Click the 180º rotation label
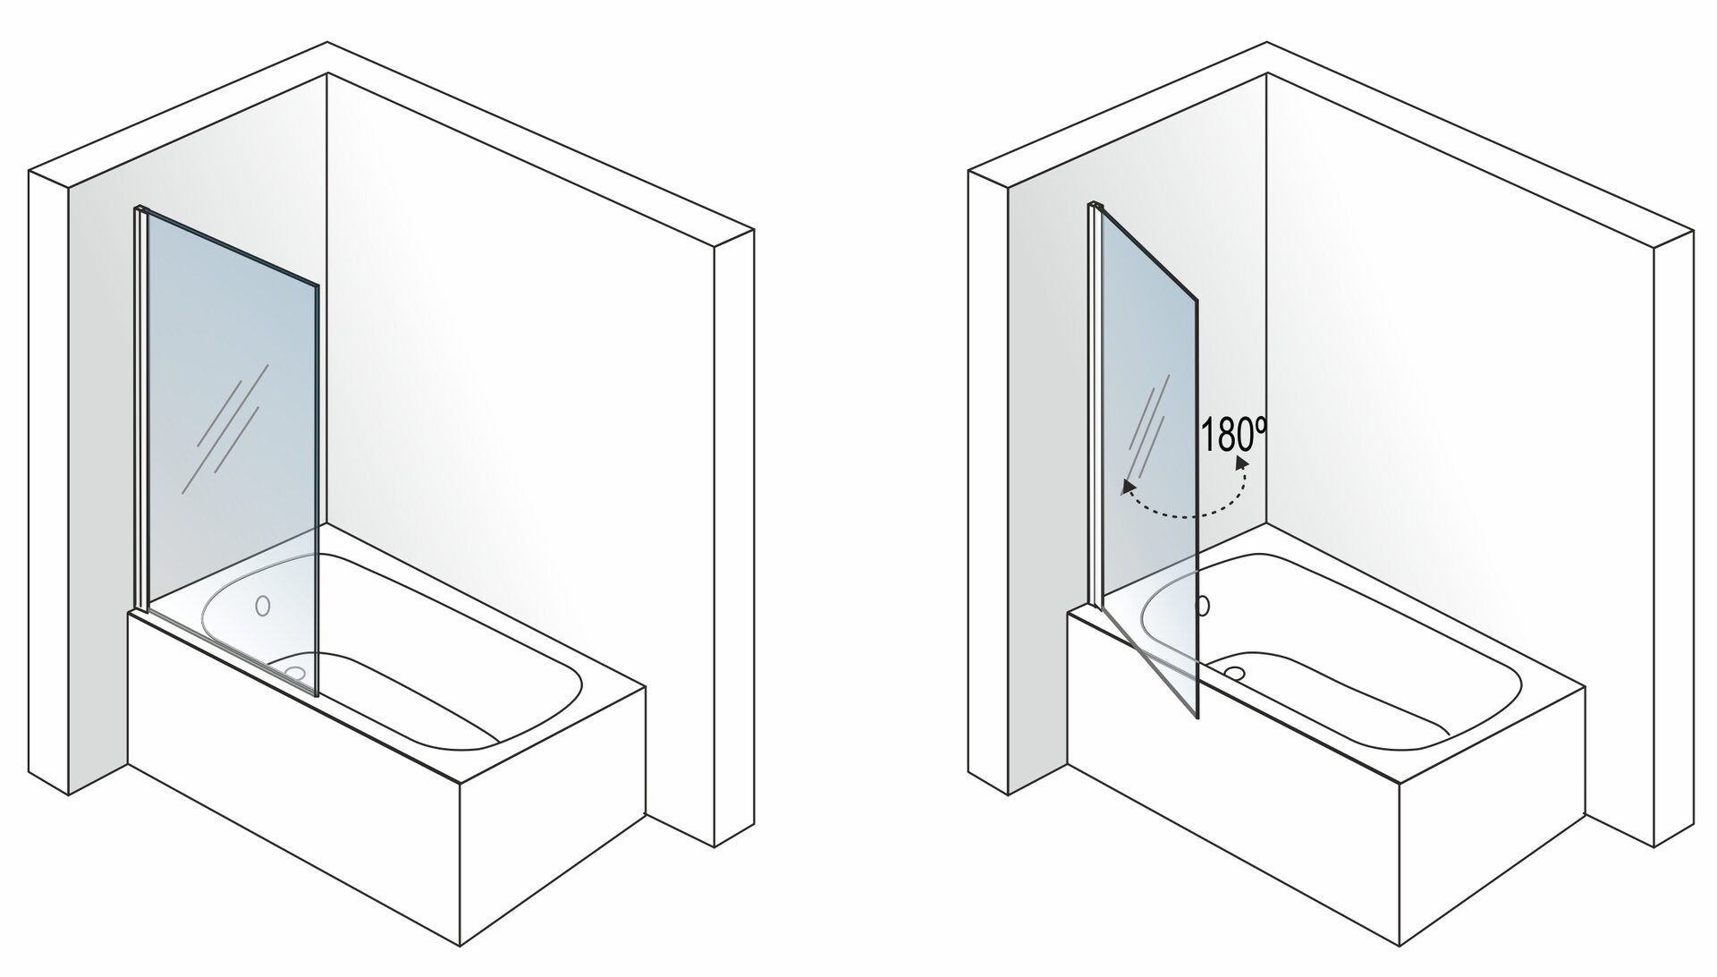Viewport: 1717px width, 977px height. tap(1234, 436)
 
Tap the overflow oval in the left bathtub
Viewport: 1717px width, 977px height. tap(262, 606)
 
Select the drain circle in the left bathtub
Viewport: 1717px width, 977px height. tap(292, 671)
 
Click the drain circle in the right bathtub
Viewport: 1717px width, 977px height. tap(1235, 671)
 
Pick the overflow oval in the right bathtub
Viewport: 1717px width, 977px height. tap(1203, 607)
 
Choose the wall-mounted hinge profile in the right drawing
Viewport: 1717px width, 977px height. tap(1094, 404)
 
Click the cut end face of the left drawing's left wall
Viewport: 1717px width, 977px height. tap(48, 483)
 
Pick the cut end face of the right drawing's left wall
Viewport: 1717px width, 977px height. tap(988, 483)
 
